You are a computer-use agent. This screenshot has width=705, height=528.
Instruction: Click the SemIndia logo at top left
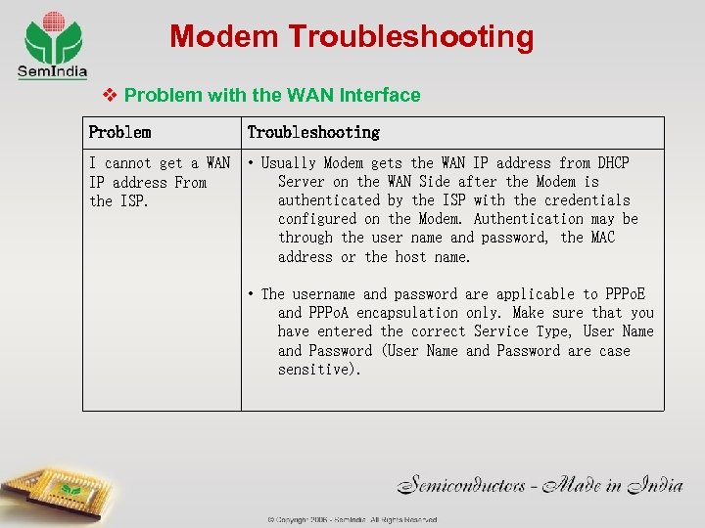(x=53, y=44)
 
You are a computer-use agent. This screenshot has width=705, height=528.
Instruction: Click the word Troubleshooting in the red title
(x=411, y=37)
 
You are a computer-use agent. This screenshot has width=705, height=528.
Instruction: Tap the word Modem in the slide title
(x=224, y=37)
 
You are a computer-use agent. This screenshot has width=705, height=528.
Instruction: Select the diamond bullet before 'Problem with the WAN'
(x=110, y=95)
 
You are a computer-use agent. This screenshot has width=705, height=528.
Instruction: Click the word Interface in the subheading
(x=380, y=95)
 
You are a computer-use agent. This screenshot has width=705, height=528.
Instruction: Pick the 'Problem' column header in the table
(x=119, y=132)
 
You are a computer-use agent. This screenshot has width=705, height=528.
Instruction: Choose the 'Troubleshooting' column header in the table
(x=313, y=132)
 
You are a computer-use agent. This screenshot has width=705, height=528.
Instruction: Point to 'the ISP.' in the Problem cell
(x=120, y=200)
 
